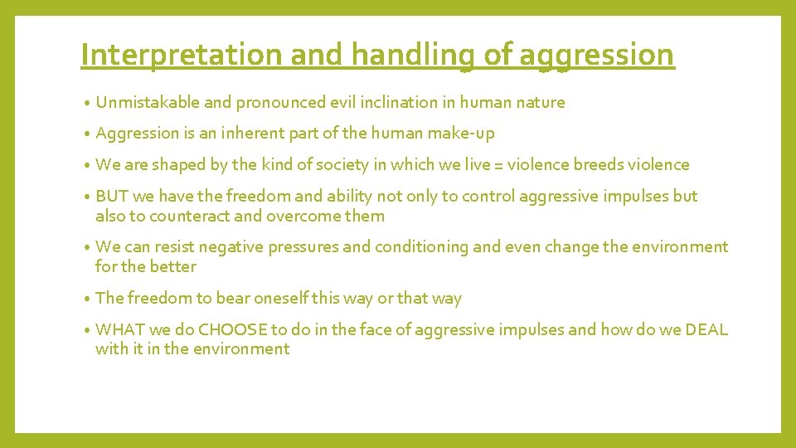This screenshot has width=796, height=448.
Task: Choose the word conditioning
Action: tap(424, 247)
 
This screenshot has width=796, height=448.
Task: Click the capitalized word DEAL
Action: tap(706, 330)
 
